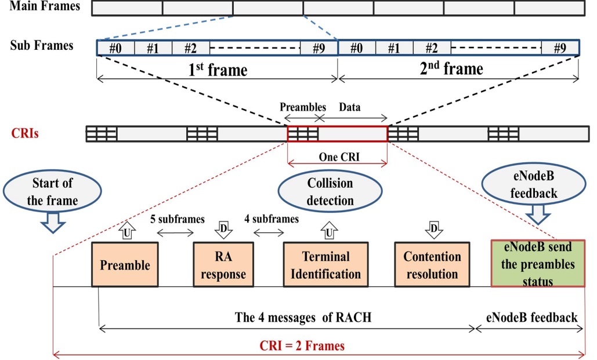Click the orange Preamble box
point(125,264)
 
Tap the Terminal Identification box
point(325,264)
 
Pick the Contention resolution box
point(432,264)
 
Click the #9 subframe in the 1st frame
point(319,48)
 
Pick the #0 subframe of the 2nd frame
point(356,48)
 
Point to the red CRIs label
point(26,133)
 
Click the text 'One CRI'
point(338,157)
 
